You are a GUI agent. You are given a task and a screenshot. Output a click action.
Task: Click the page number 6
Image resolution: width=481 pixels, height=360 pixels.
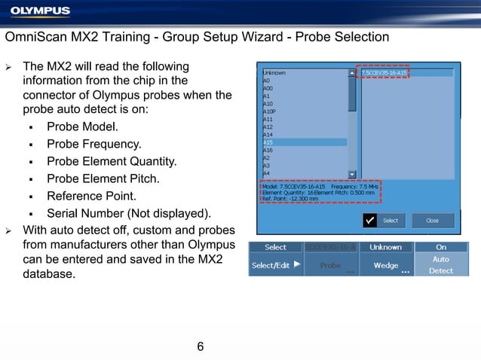pyautogui.click(x=200, y=346)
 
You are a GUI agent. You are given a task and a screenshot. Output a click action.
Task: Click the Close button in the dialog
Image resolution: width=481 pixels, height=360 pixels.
pyautogui.click(x=432, y=221)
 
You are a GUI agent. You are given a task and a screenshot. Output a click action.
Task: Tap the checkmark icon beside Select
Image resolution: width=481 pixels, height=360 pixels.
pyautogui.click(x=369, y=220)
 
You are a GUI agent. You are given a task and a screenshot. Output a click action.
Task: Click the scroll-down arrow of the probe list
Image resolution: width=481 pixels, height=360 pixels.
pyautogui.click(x=352, y=173)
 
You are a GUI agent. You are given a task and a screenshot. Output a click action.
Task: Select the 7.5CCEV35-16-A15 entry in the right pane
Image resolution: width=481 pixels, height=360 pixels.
pyautogui.click(x=384, y=73)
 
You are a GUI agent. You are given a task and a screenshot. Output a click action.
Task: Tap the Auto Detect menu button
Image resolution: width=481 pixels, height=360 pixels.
pyautogui.click(x=441, y=264)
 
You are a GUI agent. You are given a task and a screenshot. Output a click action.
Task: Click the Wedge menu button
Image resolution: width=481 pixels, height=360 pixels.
pyautogui.click(x=386, y=265)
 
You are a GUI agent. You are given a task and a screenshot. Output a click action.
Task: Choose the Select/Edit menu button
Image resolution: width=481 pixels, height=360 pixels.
pyautogui.click(x=276, y=265)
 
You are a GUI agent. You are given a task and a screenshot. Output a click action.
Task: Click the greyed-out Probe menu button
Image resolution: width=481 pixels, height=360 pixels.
pyautogui.click(x=331, y=265)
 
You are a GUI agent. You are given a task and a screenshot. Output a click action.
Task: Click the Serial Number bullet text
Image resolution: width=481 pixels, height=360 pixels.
pyautogui.click(x=129, y=212)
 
